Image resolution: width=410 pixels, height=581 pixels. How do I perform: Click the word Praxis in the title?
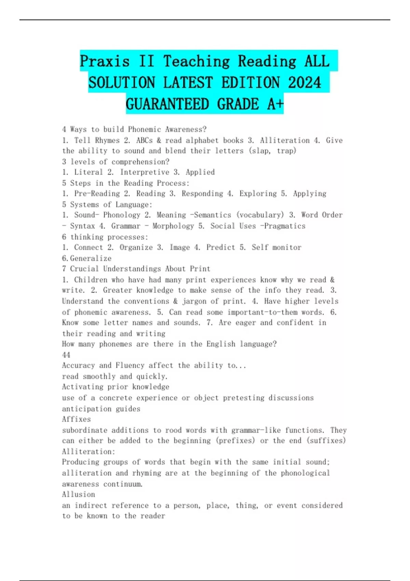click(x=105, y=62)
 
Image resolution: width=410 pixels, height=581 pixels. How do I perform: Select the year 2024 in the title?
click(x=304, y=83)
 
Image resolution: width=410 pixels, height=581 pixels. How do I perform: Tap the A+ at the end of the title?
click(x=275, y=104)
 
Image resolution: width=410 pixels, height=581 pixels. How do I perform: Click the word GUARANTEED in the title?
click(x=167, y=104)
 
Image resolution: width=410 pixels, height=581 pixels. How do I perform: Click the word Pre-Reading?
click(x=97, y=193)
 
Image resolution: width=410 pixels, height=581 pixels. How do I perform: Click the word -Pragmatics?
click(x=283, y=226)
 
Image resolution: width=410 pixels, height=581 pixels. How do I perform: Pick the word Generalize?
click(x=91, y=258)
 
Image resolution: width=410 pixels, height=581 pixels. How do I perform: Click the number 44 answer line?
click(x=66, y=355)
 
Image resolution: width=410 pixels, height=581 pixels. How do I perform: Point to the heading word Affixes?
click(x=77, y=419)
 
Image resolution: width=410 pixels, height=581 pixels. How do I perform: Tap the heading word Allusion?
click(x=79, y=494)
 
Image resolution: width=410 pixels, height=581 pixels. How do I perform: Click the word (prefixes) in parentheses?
click(x=235, y=441)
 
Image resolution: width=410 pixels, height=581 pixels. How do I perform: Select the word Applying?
click(x=310, y=193)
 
